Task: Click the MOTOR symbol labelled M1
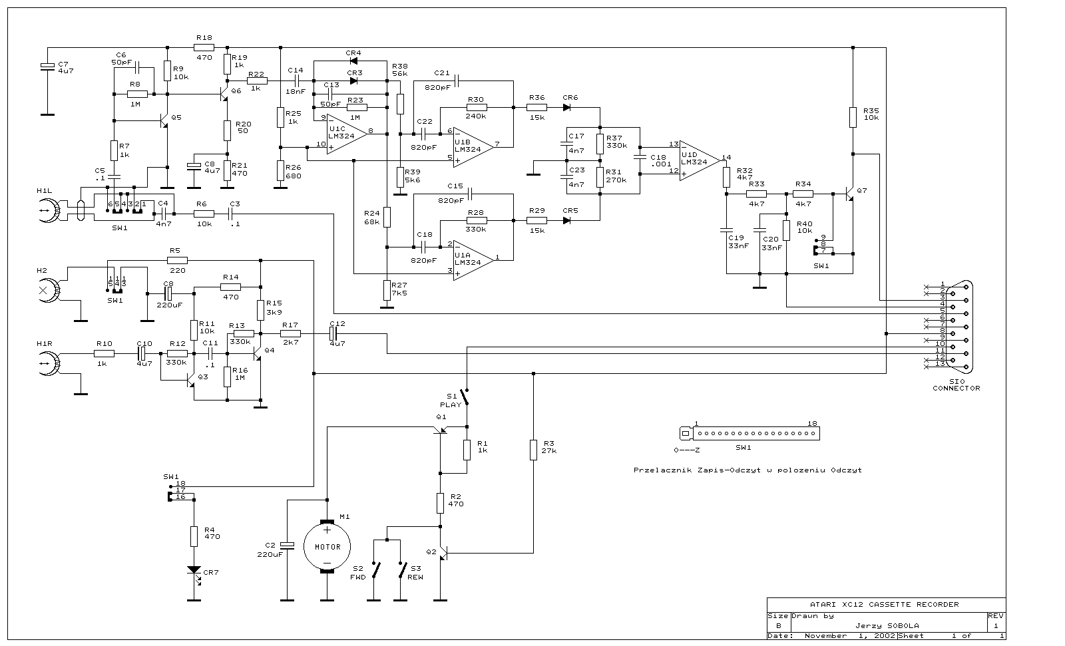[x=327, y=547]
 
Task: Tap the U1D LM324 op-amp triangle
[x=699, y=160]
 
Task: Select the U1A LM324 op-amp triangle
[x=473, y=259]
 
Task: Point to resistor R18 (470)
[x=204, y=47]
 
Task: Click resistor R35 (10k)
[x=853, y=117]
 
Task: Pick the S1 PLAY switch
[x=467, y=397]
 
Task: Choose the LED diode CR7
[x=194, y=571]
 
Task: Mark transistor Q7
[x=850, y=194]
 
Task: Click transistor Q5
[x=164, y=120]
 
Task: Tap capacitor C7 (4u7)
[x=47, y=66]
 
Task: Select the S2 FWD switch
[x=377, y=570]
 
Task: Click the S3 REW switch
[x=403, y=570]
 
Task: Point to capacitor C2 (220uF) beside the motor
[x=287, y=546]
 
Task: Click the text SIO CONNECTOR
[x=956, y=385]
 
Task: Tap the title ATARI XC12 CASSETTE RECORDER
[x=884, y=604]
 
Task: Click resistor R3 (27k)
[x=533, y=450]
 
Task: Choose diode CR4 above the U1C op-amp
[x=353, y=61]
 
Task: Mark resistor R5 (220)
[x=177, y=260]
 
